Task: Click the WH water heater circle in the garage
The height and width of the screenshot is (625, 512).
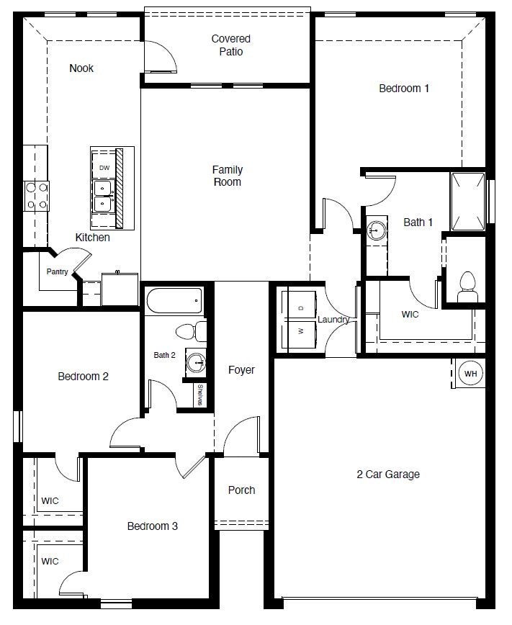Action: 471,374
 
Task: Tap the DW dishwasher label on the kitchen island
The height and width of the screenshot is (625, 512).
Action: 104,168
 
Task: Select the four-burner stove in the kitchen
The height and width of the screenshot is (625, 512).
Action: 37,195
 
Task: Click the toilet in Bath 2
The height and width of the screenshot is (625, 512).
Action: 189,332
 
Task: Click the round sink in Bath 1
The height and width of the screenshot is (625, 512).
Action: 376,231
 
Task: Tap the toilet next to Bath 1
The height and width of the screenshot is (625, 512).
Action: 467,286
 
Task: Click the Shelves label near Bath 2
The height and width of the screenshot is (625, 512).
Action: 199,395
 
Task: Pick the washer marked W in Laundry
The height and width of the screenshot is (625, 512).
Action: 301,332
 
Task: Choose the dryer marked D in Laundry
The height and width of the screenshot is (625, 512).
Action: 301,307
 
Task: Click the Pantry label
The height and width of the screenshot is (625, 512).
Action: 57,271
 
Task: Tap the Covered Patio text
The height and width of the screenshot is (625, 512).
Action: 230,45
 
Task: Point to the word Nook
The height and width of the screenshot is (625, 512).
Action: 81,68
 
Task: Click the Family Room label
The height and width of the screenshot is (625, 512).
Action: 227,176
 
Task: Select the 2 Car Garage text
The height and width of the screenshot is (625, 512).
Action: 387,474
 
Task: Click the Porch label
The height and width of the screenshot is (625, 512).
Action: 241,490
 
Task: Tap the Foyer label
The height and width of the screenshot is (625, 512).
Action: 241,370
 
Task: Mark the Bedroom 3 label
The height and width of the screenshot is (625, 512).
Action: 152,526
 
